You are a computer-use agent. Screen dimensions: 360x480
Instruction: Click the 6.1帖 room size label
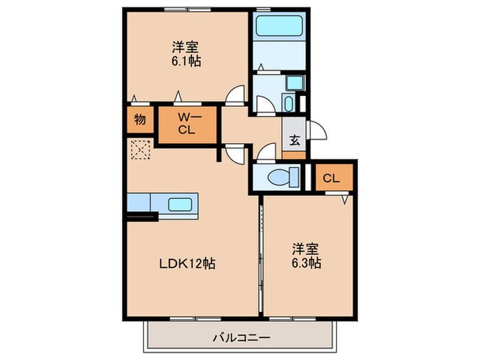186,60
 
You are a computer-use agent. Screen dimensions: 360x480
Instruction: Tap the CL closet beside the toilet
332,178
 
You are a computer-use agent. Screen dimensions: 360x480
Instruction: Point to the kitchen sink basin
180,204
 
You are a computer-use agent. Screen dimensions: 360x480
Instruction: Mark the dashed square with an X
140,149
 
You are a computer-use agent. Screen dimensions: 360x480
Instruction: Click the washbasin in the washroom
288,104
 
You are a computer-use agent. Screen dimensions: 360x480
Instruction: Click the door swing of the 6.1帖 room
237,94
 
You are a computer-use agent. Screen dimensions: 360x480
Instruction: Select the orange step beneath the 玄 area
294,155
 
